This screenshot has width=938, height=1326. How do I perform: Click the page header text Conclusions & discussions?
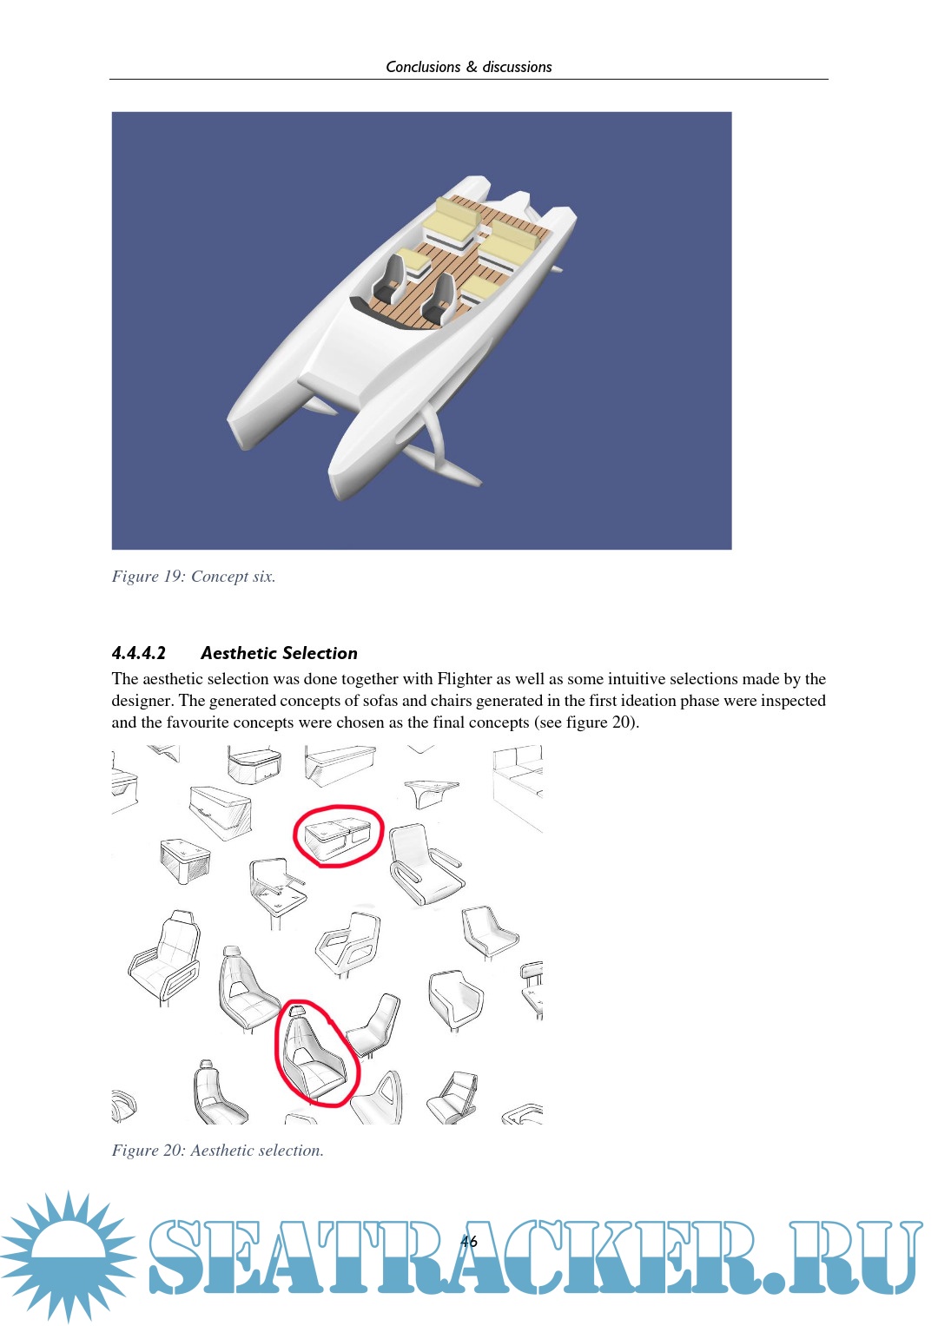pyautogui.click(x=468, y=67)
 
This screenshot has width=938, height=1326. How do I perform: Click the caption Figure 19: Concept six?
pyautogui.click(x=194, y=576)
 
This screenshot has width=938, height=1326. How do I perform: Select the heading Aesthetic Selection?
pyautogui.click(x=279, y=653)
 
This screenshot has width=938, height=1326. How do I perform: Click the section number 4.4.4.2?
pyautogui.click(x=139, y=653)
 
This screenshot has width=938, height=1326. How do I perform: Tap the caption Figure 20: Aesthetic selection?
pyautogui.click(x=218, y=1151)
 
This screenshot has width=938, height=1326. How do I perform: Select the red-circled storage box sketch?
pyautogui.click(x=338, y=837)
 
